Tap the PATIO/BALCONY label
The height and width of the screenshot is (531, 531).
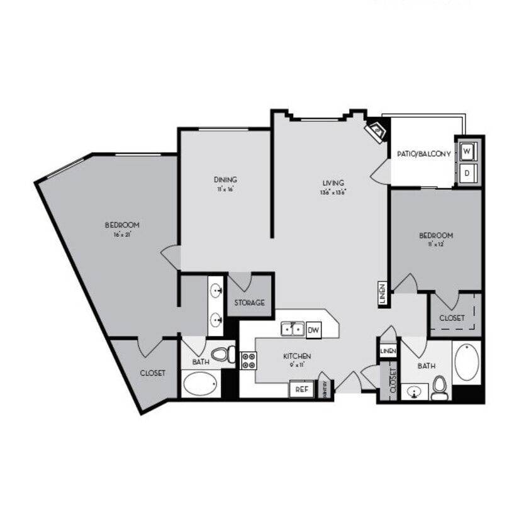click(423, 154)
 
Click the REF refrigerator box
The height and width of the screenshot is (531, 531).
click(301, 389)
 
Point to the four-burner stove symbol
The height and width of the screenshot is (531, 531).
click(248, 360)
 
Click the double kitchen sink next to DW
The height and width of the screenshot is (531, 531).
click(293, 328)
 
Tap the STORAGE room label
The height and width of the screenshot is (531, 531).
click(250, 303)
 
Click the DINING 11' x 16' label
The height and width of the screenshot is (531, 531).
click(225, 184)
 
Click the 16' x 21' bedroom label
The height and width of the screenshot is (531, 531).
click(121, 228)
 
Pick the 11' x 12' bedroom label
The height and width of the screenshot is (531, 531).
click(436, 239)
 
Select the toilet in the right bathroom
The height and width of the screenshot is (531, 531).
click(440, 388)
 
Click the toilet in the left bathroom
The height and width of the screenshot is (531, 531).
click(222, 355)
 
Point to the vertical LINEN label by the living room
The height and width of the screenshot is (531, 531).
click(382, 294)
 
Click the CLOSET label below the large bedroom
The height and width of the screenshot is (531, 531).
click(152, 372)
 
